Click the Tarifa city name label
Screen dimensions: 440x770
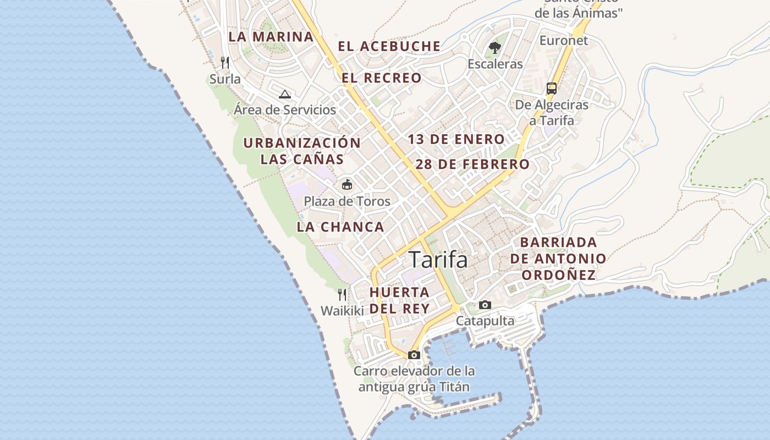(x=438, y=260)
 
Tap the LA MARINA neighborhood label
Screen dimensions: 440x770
(x=271, y=37)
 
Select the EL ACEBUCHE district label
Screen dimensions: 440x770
(x=389, y=47)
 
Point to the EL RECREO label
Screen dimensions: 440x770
(x=381, y=78)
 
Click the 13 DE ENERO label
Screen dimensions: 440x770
(x=456, y=140)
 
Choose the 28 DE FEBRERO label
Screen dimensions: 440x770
(x=472, y=164)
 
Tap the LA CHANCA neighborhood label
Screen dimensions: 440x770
(x=340, y=227)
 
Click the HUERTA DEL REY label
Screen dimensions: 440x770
(x=399, y=300)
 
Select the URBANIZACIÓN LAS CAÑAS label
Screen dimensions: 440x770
(x=302, y=151)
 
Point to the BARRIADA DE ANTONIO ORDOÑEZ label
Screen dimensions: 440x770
(x=558, y=258)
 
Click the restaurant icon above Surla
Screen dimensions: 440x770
(x=225, y=62)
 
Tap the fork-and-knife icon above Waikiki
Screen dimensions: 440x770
(x=342, y=294)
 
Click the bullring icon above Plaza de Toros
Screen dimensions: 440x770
(x=347, y=184)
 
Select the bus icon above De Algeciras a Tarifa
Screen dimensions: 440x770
(x=551, y=88)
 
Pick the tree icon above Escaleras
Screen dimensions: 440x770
(x=495, y=48)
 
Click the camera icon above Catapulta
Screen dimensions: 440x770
(x=485, y=305)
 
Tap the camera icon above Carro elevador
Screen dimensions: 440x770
(x=414, y=355)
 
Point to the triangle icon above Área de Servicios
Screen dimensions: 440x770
(x=284, y=94)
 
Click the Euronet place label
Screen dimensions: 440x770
(x=563, y=41)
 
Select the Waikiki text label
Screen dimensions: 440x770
(x=342, y=311)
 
